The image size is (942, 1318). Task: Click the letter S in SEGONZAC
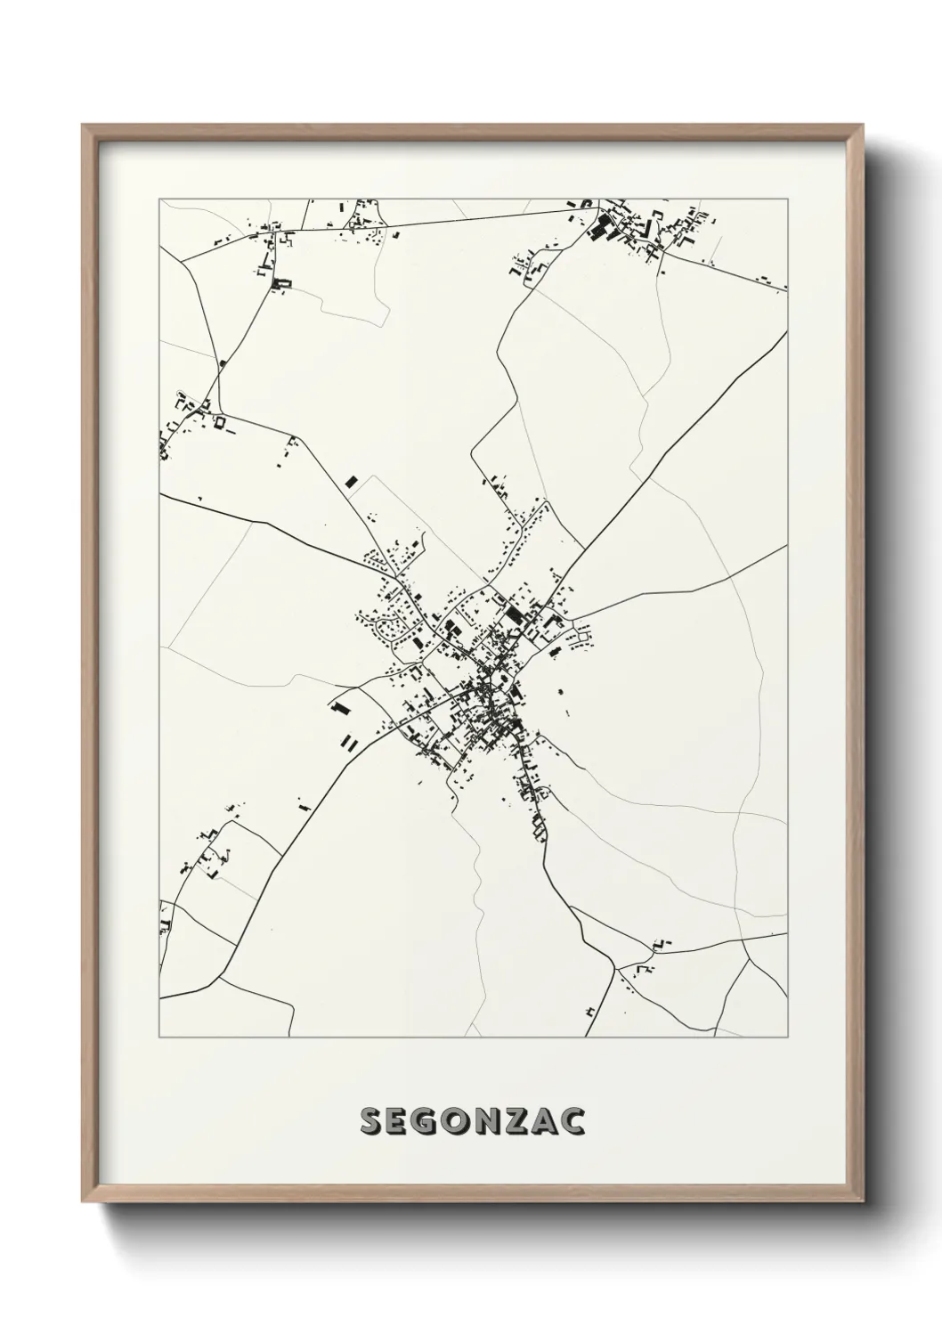click(370, 1121)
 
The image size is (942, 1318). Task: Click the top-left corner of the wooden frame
click(83, 126)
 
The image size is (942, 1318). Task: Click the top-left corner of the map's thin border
click(159, 199)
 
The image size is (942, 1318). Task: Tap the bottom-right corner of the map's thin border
click(787, 1037)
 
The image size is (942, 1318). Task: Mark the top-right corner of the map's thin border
click(787, 199)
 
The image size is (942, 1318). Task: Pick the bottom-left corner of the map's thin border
click(159, 1037)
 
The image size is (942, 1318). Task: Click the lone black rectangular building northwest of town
click(350, 482)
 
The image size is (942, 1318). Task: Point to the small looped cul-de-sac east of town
click(583, 636)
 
